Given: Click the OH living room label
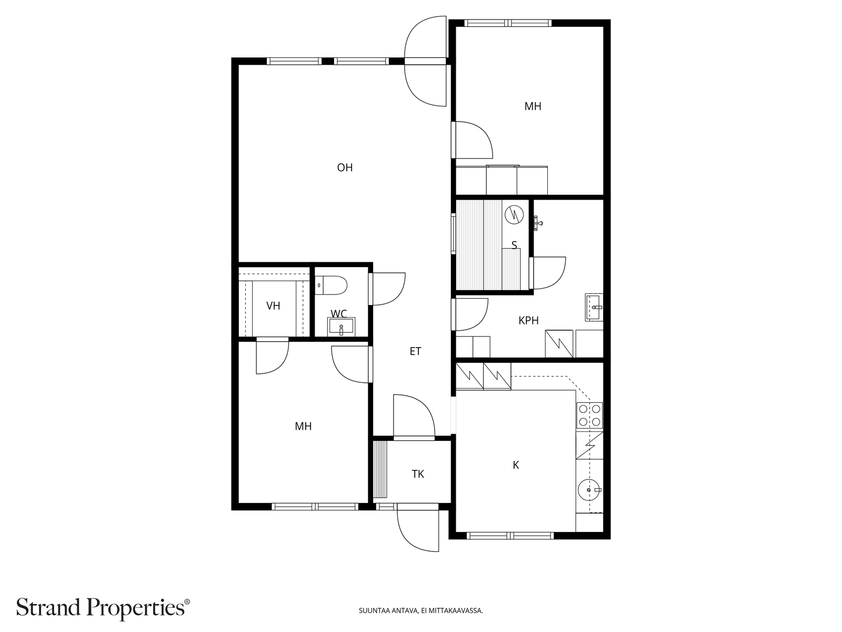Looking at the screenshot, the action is click(x=345, y=167).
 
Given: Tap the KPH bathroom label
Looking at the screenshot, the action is click(x=528, y=320).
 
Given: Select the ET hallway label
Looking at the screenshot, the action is click(x=415, y=351).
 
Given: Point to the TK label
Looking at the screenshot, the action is click(x=418, y=475).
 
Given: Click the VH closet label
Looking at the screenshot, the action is click(x=273, y=306).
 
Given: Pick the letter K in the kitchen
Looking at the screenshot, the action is click(x=516, y=465).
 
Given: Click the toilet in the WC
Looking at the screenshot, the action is click(x=331, y=285).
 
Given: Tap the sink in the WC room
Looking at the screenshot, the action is click(x=341, y=326).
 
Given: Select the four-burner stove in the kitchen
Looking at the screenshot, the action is click(x=589, y=415).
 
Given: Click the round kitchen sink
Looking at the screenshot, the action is click(x=589, y=490).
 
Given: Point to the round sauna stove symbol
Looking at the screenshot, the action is click(x=514, y=215).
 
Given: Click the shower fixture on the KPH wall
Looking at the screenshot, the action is click(x=538, y=223).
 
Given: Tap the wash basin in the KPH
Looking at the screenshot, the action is click(x=594, y=308).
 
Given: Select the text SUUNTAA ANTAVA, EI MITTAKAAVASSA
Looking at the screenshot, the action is click(x=421, y=610).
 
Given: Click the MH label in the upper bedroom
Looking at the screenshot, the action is click(x=533, y=106).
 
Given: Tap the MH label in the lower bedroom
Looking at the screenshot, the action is click(x=303, y=426).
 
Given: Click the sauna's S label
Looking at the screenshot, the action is click(x=514, y=245).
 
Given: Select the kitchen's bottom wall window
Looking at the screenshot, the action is click(x=510, y=535).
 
